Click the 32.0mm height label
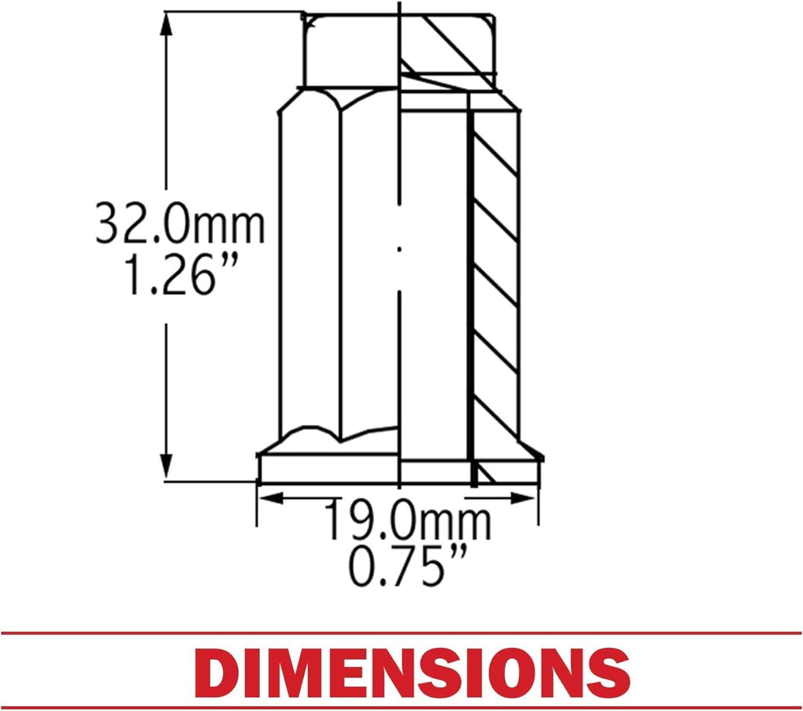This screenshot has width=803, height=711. tap(179, 222)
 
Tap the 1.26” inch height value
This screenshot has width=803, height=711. tap(181, 275)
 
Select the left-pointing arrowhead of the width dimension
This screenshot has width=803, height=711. tap(271, 498)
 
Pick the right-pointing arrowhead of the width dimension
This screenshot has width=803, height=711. tap(523, 498)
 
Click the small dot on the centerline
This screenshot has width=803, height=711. tap(399, 250)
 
